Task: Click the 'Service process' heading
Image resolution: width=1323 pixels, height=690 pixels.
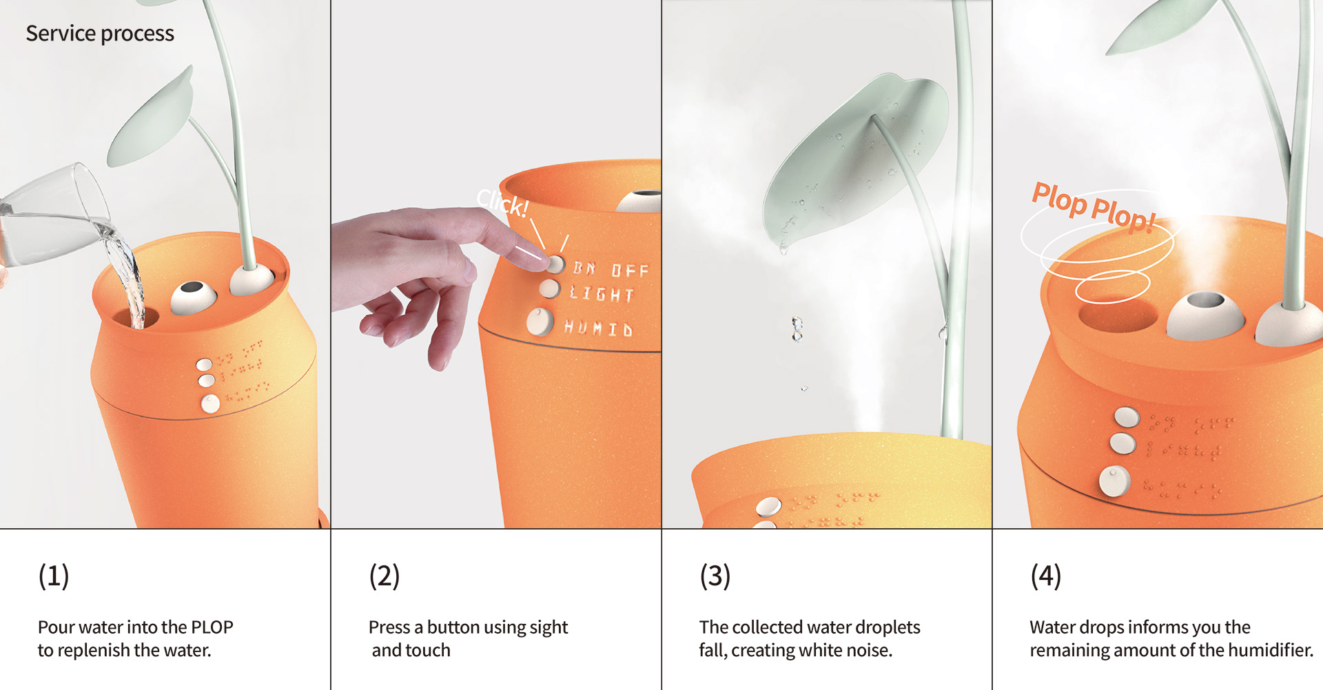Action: [100, 33]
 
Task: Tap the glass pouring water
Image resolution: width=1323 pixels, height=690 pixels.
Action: [52, 213]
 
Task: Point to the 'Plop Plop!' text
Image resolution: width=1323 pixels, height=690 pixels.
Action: [1093, 206]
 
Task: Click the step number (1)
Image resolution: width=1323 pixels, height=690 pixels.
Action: [54, 576]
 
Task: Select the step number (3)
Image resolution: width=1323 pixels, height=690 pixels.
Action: [715, 576]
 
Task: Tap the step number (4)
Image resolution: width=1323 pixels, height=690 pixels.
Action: [1046, 576]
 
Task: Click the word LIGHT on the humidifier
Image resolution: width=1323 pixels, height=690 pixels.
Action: [602, 295]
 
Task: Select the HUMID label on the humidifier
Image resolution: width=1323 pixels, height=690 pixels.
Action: [598, 328]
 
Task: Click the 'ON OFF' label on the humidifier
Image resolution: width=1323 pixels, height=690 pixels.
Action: [611, 269]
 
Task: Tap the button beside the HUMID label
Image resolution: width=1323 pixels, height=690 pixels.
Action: [540, 322]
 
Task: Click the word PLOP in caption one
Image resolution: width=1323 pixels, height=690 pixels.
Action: [212, 627]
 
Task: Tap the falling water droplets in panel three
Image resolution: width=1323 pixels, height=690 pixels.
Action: [797, 329]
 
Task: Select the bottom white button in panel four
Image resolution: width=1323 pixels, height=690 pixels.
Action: [1114, 481]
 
